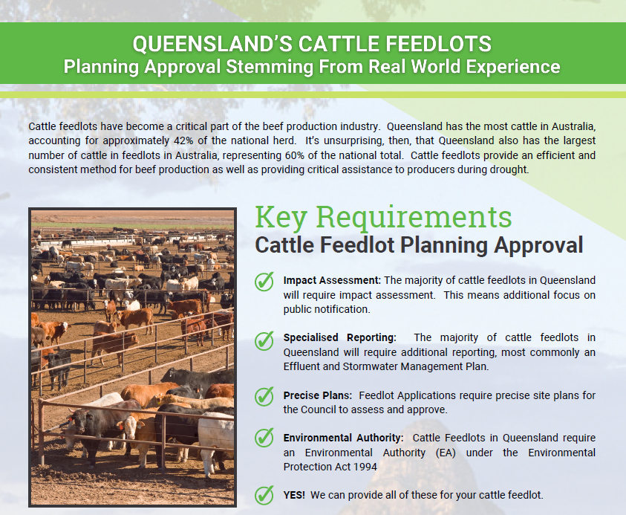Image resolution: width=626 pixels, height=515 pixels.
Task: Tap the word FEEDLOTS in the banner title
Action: click(442, 43)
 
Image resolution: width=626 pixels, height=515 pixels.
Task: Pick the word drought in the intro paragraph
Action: click(501, 169)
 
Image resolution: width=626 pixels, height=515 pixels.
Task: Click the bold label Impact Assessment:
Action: click(332, 280)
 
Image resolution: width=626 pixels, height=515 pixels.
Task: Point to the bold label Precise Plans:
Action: click(316, 395)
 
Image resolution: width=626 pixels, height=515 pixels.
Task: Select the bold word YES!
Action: click(294, 495)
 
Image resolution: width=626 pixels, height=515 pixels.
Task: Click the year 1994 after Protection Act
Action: click(364, 467)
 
